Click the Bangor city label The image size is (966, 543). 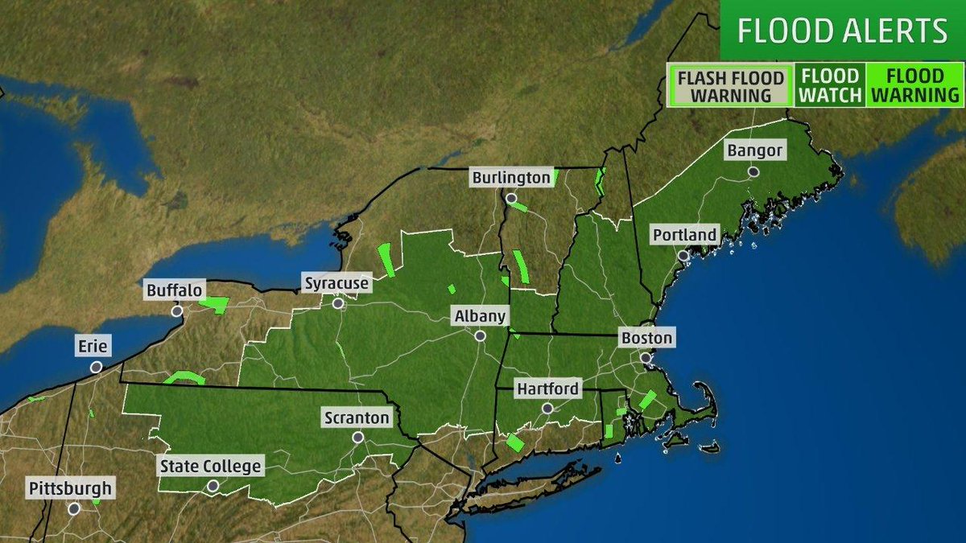[754, 150]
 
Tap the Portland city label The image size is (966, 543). [683, 235]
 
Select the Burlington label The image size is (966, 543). [511, 177]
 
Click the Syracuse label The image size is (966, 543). [336, 283]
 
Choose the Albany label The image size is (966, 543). [480, 316]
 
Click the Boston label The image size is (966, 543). [646, 338]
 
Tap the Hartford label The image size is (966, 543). [547, 389]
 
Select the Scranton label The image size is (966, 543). [357, 418]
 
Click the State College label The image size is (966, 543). [210, 466]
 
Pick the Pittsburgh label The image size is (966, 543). [70, 488]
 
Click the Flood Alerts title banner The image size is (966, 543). [842, 31]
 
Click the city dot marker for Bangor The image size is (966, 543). [753, 171]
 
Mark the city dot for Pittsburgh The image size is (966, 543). [74, 508]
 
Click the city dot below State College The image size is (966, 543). [213, 486]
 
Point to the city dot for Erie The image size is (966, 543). [96, 367]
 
